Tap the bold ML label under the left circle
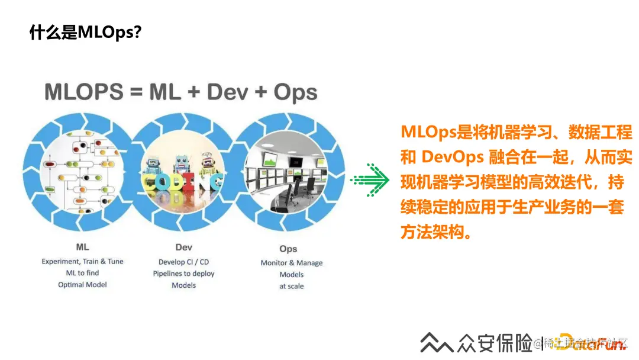(82, 247)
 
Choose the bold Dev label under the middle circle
(183, 247)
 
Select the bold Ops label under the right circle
(288, 249)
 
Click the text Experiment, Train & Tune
(82, 261)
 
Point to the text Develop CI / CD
(183, 262)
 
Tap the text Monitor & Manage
(292, 263)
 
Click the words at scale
(291, 286)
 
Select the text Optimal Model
(82, 285)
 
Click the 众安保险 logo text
(493, 343)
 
